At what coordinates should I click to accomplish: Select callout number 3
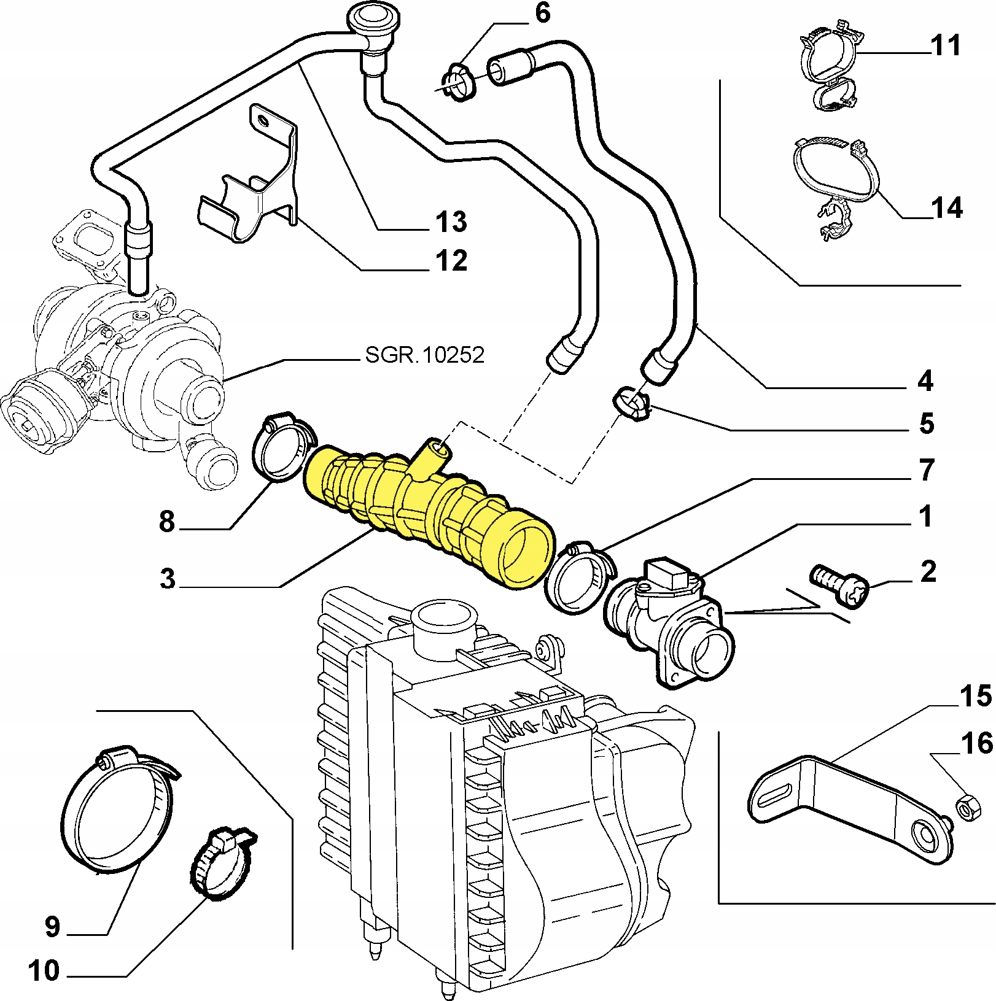tap(167, 579)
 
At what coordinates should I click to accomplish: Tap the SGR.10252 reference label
tap(424, 355)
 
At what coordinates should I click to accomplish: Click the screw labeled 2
tap(838, 587)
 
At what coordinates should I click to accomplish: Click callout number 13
tap(451, 222)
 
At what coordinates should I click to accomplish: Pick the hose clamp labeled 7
tap(577, 577)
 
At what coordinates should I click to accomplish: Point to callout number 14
tap(946, 208)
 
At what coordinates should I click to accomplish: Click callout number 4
tap(925, 381)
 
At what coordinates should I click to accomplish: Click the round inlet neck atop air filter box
tap(443, 626)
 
